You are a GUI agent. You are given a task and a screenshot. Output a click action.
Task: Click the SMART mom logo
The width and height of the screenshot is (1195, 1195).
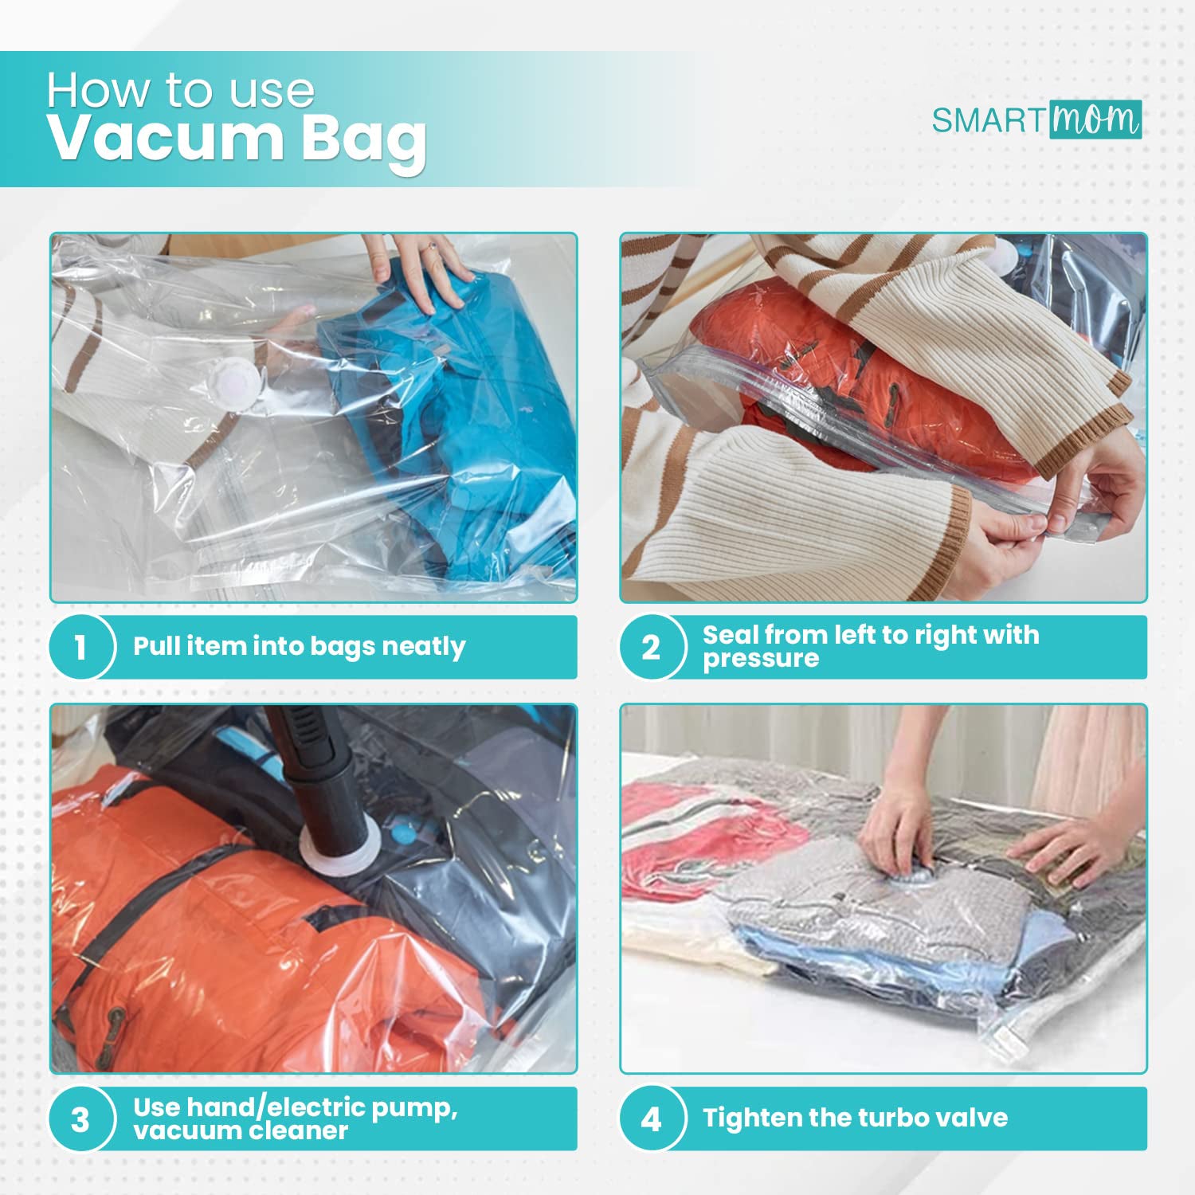click(x=1036, y=119)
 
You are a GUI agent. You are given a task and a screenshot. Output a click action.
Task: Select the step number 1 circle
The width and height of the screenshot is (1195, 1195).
click(x=80, y=646)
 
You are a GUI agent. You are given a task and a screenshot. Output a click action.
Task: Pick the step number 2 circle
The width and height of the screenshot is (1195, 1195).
click(x=651, y=646)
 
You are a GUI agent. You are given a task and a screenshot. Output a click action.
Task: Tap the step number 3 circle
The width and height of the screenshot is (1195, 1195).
click(x=80, y=1119)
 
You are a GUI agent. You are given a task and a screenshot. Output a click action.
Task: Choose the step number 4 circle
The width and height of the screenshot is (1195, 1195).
click(x=651, y=1119)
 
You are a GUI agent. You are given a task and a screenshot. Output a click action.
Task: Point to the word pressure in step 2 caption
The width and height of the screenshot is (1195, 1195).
click(x=761, y=660)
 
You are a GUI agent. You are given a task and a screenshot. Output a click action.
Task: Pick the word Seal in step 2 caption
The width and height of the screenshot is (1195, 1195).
click(x=730, y=635)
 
